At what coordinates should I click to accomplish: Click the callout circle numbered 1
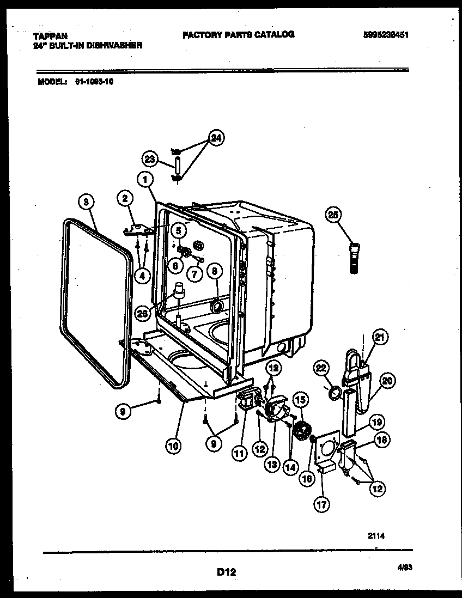pos(145,179)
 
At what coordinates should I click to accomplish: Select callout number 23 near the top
pos(150,159)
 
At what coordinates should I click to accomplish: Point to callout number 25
pos(333,215)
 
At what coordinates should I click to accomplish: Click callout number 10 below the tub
pos(174,446)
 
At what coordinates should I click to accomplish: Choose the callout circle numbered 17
pos(321,504)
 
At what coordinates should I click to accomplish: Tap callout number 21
pos(380,338)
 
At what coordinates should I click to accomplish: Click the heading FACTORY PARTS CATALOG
pos(239,34)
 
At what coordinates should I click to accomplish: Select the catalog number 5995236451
pos(386,35)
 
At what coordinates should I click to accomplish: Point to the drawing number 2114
pos(376,536)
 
